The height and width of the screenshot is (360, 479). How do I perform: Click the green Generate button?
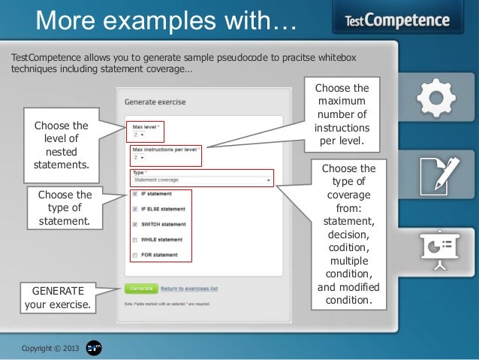coord(141,288)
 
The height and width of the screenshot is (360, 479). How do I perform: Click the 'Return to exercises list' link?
coord(188,288)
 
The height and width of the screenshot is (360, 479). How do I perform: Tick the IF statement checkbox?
coord(134,193)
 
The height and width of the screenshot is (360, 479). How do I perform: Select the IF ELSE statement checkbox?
coord(134,208)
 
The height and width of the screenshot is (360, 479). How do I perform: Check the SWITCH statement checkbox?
coord(134,224)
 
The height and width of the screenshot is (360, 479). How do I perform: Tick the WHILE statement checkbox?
coord(134,240)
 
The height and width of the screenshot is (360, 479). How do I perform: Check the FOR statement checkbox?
coord(134,255)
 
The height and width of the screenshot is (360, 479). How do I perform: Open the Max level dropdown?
coord(137,135)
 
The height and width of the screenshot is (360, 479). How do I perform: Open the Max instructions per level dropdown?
coord(137,159)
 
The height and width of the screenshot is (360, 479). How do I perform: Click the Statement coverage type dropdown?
coord(201,180)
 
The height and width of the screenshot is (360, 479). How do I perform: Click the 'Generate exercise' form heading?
coord(155,101)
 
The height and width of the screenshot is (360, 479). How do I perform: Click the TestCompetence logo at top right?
coord(397,20)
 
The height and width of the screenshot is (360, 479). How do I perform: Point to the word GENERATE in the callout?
coord(59,291)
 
